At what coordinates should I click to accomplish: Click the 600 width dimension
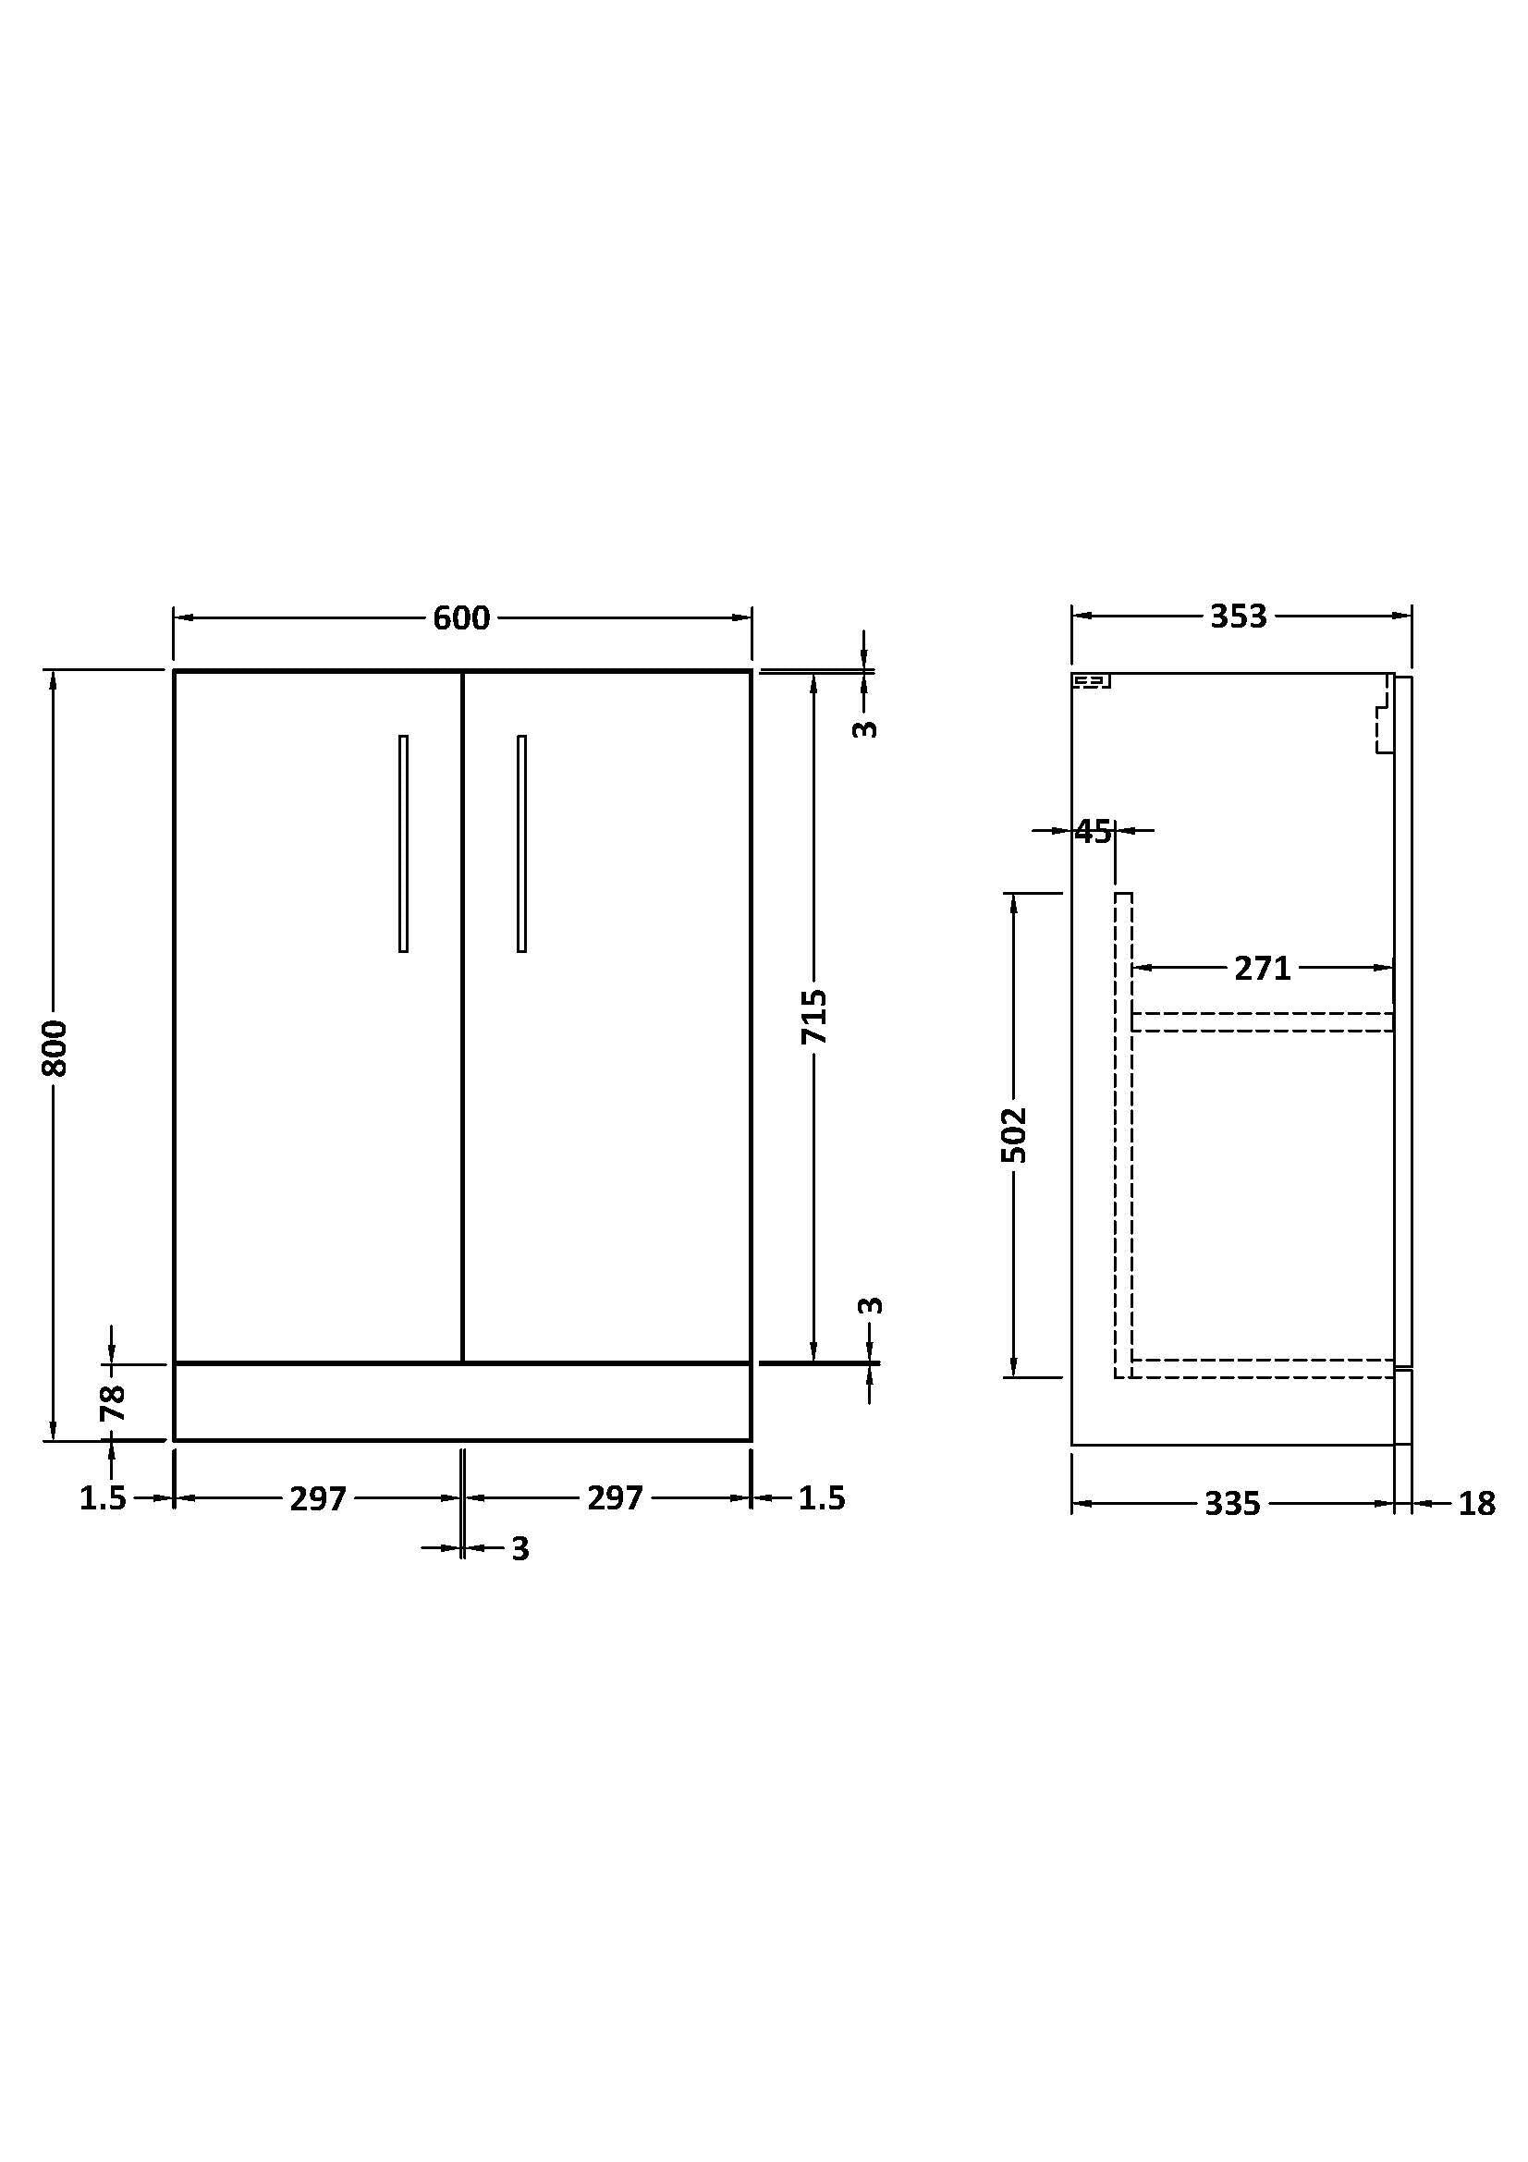(461, 617)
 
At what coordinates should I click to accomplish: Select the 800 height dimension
(55, 1047)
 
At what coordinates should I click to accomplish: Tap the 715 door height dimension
(814, 1016)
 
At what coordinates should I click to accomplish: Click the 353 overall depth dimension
(1238, 617)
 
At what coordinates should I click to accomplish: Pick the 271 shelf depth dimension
(1263, 967)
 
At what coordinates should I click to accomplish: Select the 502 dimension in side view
(1014, 1135)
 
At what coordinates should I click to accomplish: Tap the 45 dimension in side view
(1093, 832)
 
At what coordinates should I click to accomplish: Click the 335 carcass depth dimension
(1232, 1504)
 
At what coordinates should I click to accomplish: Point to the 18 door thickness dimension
(1476, 1504)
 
